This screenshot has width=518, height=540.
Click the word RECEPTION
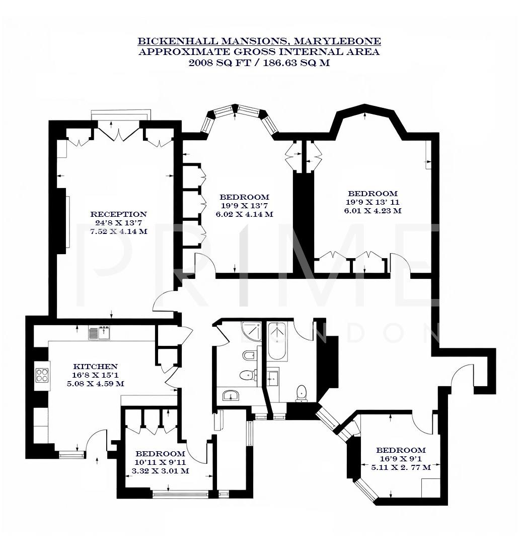click(118, 214)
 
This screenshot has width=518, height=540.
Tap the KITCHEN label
click(95, 367)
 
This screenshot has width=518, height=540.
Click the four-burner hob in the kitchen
click(41, 375)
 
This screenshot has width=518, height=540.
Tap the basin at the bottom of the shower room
click(231, 396)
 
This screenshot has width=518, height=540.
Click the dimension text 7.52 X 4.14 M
click(118, 231)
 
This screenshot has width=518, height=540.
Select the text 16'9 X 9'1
click(401, 459)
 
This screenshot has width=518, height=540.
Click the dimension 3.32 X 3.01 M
click(160, 471)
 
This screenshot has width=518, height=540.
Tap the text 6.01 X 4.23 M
click(373, 211)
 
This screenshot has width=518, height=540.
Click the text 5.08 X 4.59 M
click(95, 384)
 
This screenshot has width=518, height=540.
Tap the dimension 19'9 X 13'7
click(244, 206)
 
